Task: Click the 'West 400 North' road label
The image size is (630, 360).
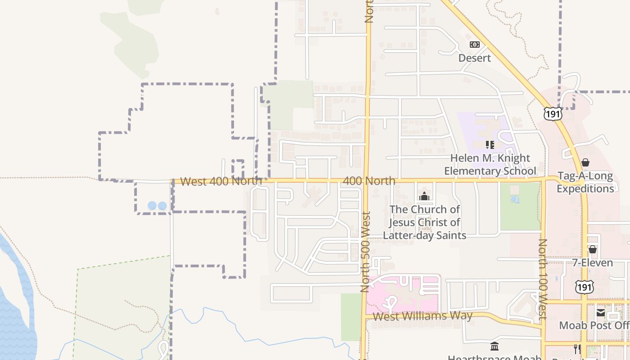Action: coord(221,181)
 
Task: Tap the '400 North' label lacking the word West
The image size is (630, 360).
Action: coord(369,181)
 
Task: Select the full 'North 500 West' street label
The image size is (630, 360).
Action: coord(365,252)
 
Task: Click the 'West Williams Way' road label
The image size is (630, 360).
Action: coord(423,316)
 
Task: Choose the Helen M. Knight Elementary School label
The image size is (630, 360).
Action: coord(490,165)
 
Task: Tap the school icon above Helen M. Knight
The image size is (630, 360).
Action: coord(490,145)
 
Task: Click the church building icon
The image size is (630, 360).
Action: coord(424,196)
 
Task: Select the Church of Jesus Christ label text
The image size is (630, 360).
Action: coord(424,222)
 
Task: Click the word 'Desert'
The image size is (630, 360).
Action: coord(474,58)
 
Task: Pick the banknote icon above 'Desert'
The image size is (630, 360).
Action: coord(474,45)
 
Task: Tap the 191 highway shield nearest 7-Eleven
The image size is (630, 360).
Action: coord(584,286)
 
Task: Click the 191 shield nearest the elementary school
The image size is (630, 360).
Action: coord(553,113)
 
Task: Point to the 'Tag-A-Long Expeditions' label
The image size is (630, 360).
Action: coord(585,182)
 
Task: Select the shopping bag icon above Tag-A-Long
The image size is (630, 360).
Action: coord(585,162)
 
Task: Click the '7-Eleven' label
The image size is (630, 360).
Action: coord(592,263)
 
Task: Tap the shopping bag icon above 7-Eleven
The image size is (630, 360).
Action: coord(593,249)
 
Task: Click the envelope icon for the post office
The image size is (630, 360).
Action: coord(601,312)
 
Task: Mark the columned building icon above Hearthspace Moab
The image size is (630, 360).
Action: coord(495,346)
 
